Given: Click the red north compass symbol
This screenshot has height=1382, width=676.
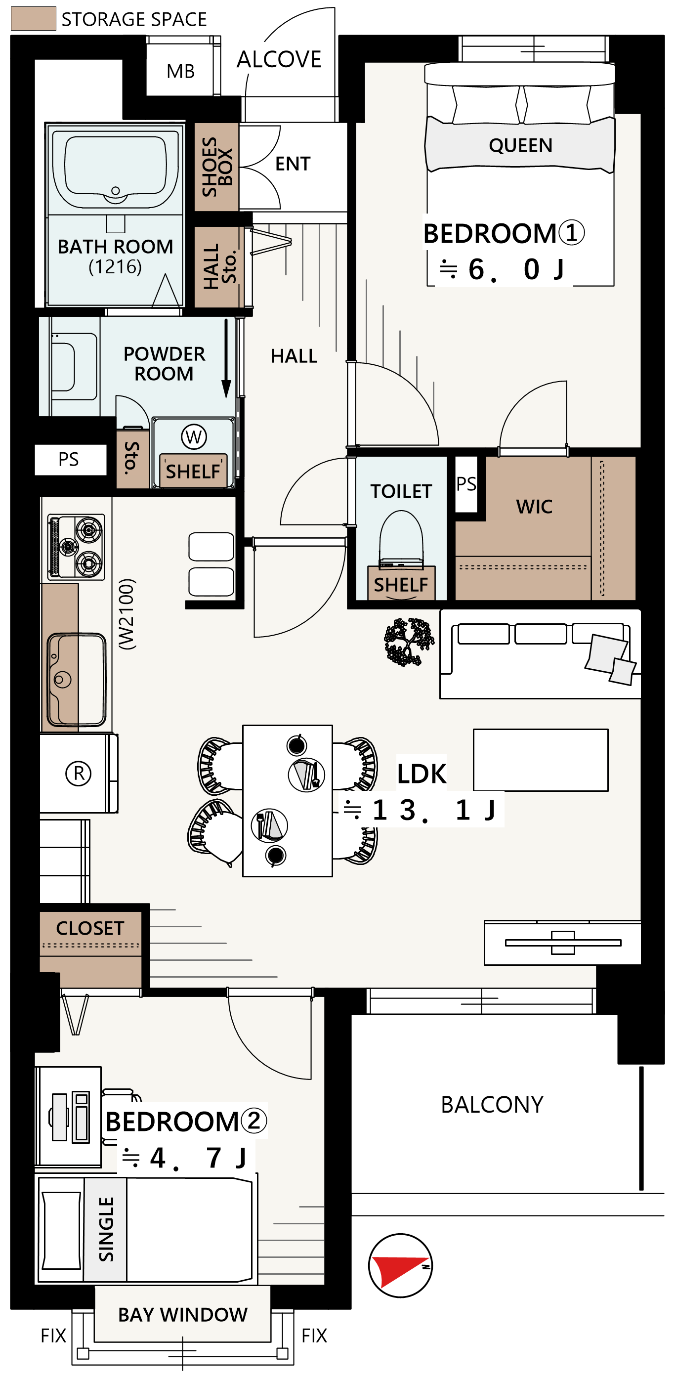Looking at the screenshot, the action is pyautogui.click(x=400, y=1265).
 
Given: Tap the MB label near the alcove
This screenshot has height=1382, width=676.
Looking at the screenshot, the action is pyautogui.click(x=180, y=71).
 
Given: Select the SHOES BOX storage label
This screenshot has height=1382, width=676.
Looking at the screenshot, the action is pyautogui.click(x=217, y=167).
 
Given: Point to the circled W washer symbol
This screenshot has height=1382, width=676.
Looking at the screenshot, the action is pyautogui.click(x=194, y=437).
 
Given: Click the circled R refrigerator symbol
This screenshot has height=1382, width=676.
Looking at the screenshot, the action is pyautogui.click(x=79, y=773).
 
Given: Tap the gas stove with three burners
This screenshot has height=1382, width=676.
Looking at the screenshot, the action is pyautogui.click(x=76, y=547).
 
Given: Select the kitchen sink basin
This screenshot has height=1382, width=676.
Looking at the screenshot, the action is pyautogui.click(x=77, y=680).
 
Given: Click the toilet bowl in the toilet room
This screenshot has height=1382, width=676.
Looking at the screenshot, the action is pyautogui.click(x=401, y=539).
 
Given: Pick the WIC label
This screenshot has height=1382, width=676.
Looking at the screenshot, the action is pyautogui.click(x=534, y=507).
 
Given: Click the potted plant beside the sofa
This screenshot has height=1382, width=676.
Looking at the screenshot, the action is pyautogui.click(x=409, y=642).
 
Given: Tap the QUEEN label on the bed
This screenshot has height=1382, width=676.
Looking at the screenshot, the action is pyautogui.click(x=520, y=145).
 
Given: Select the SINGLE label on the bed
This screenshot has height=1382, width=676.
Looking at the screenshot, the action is pyautogui.click(x=106, y=1229).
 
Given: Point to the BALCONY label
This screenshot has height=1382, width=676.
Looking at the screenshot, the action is pyautogui.click(x=492, y=1105).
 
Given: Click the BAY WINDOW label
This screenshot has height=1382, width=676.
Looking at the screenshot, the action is pyautogui.click(x=183, y=1315).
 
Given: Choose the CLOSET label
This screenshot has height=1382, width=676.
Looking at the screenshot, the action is pyautogui.click(x=90, y=928).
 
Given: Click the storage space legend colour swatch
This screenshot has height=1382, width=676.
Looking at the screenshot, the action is pyautogui.click(x=33, y=18).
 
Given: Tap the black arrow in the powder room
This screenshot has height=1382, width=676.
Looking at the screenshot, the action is pyautogui.click(x=226, y=358).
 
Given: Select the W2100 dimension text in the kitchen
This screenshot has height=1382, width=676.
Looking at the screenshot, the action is pyautogui.click(x=127, y=614).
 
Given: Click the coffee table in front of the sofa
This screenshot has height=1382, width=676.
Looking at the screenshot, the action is pyautogui.click(x=541, y=760).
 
